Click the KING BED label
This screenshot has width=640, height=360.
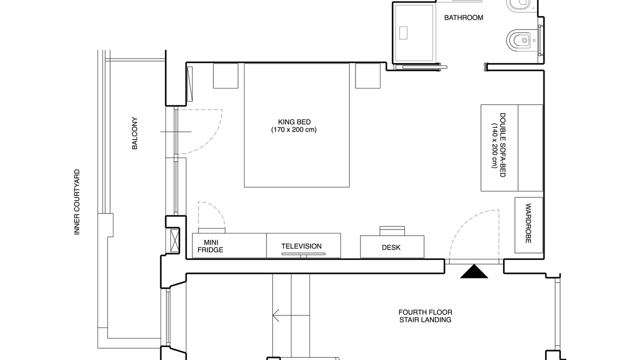pos(294,122)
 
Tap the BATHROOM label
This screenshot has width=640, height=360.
pos(463,17)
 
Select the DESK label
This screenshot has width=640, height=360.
pos(391,247)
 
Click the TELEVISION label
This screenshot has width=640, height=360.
pos(301,246)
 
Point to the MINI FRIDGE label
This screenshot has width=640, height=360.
pos(210,246)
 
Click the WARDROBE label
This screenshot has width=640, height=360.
pos(528,223)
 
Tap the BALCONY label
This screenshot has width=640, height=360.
pos(134,133)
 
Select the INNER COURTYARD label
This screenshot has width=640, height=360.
pos(77,202)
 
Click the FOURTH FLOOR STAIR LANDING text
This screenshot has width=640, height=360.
pos(425,316)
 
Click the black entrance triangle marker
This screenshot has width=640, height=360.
pos(474,271)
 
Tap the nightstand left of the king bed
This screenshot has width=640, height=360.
pos(225,75)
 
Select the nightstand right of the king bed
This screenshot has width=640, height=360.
pos(367,75)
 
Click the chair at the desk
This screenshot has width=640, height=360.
pos(392,231)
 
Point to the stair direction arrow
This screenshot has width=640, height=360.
pos(291,315)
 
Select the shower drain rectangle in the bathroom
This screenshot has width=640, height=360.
pos(403,33)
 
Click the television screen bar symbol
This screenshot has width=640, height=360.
pos(303,253)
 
